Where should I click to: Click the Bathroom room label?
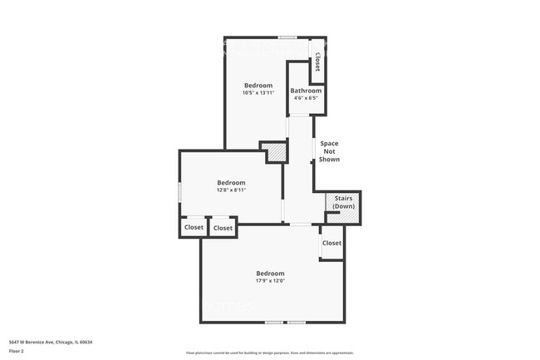[305, 91]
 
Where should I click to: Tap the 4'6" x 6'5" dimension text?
[305, 98]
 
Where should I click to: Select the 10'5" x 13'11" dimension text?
[258, 93]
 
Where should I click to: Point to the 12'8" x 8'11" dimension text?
[231, 190]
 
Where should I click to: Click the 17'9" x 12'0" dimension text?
[270, 281]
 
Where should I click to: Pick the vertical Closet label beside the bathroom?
[317, 63]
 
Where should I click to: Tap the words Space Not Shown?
[329, 151]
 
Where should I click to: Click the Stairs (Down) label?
[343, 202]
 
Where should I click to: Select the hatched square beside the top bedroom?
[273, 153]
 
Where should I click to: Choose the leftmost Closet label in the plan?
[194, 227]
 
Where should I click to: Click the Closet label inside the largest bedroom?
[331, 243]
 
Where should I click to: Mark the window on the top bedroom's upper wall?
[287, 37]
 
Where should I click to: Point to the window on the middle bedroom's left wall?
[180, 191]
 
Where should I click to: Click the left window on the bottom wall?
[274, 322]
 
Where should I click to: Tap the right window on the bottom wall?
[297, 322]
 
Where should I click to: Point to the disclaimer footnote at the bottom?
[269, 353]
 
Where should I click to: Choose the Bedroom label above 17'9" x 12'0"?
[270, 274]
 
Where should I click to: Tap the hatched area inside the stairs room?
[352, 216]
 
